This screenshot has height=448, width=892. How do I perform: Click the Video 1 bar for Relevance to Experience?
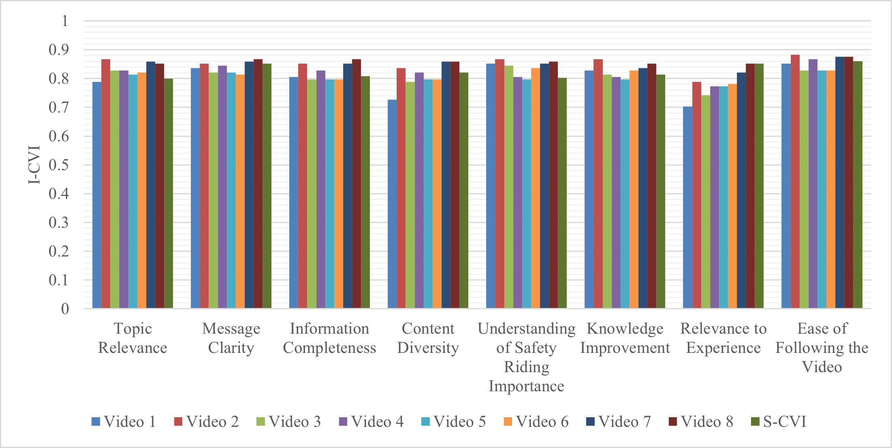tap(687, 208)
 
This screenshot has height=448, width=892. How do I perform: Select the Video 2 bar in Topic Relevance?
tap(106, 184)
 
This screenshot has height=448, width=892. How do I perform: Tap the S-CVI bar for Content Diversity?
tap(464, 191)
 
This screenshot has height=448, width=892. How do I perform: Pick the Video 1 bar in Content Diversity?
tap(392, 204)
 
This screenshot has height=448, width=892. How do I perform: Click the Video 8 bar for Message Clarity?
tap(258, 184)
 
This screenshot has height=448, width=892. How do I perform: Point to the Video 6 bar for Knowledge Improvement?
tap(634, 189)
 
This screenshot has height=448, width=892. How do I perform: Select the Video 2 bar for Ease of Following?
tap(795, 182)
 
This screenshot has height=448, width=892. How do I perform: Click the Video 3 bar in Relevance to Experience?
tap(705, 202)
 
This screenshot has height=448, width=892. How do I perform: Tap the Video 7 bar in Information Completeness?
tap(348, 186)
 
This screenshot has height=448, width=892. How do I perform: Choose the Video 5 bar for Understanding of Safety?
tap(526, 194)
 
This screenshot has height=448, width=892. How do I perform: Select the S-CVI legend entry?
tap(779, 422)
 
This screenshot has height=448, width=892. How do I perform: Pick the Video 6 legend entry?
tap(536, 422)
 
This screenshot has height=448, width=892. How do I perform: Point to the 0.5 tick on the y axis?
tap(59, 165)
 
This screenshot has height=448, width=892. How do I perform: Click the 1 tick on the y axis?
tap(65, 21)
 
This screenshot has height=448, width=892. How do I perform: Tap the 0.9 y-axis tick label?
tap(59, 50)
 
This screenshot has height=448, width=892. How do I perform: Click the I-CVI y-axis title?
tap(34, 165)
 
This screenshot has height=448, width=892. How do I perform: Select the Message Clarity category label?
tap(231, 338)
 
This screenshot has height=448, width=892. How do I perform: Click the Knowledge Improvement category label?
tap(625, 338)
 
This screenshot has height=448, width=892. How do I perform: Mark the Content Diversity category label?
tap(428, 338)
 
